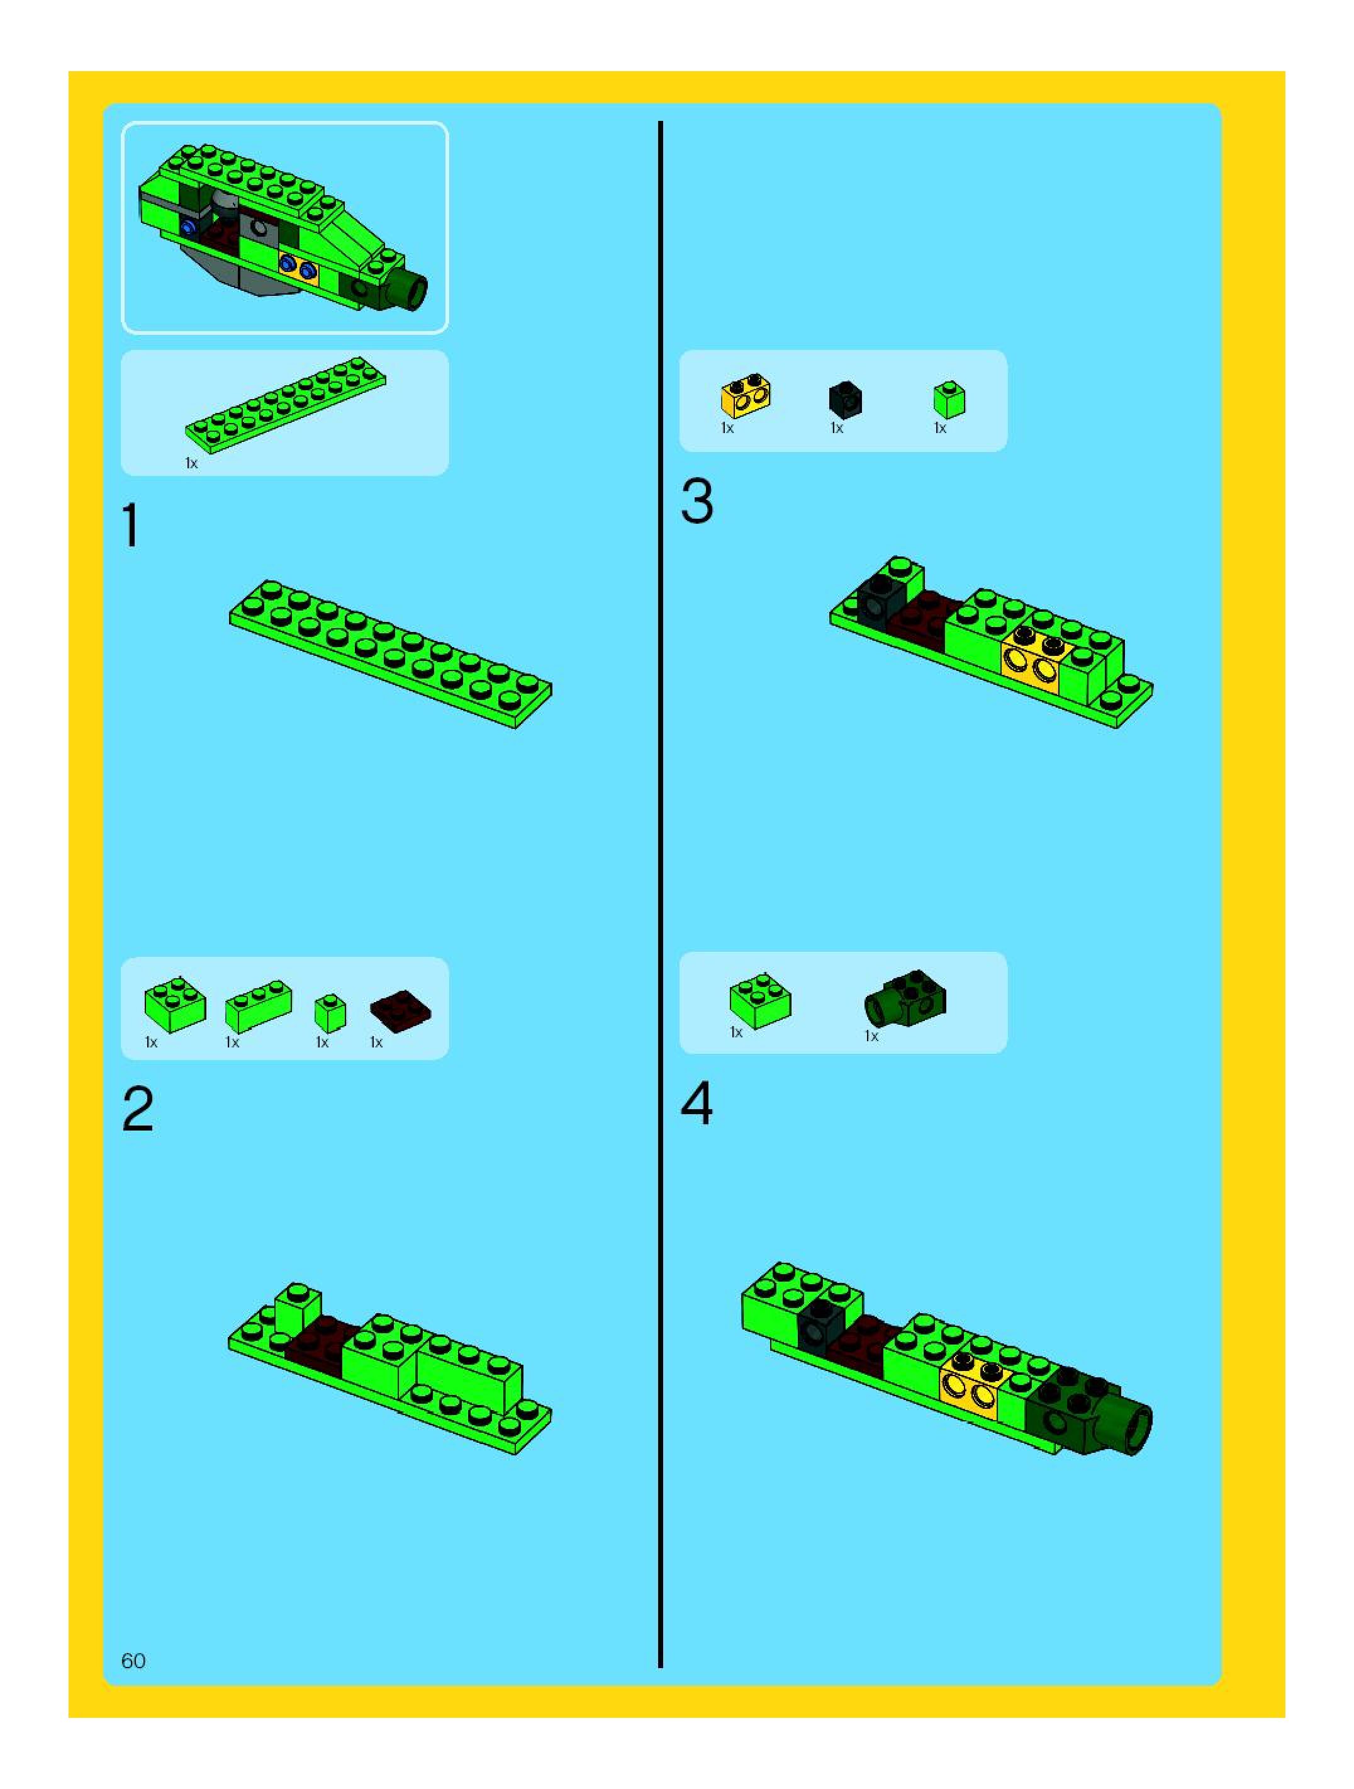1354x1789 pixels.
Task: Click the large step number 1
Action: point(130,526)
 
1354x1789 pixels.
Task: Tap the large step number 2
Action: point(137,1110)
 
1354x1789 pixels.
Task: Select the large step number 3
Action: point(697,502)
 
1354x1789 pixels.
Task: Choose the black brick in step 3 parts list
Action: point(846,398)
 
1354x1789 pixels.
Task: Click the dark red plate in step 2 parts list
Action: point(400,1013)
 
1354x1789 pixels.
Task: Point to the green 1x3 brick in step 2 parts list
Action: point(258,1006)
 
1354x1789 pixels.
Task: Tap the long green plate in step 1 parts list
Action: point(286,404)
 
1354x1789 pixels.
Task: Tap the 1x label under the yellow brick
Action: point(727,428)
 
